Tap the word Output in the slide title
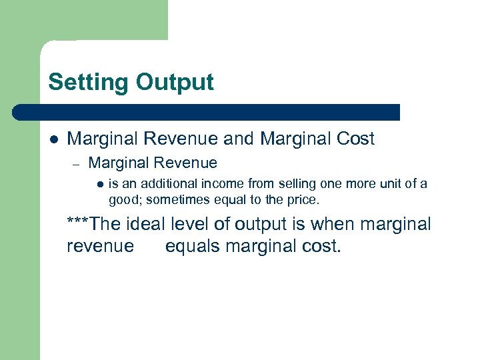175,83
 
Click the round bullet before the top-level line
53,139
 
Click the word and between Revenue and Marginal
239,139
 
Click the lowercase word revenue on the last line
100,247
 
